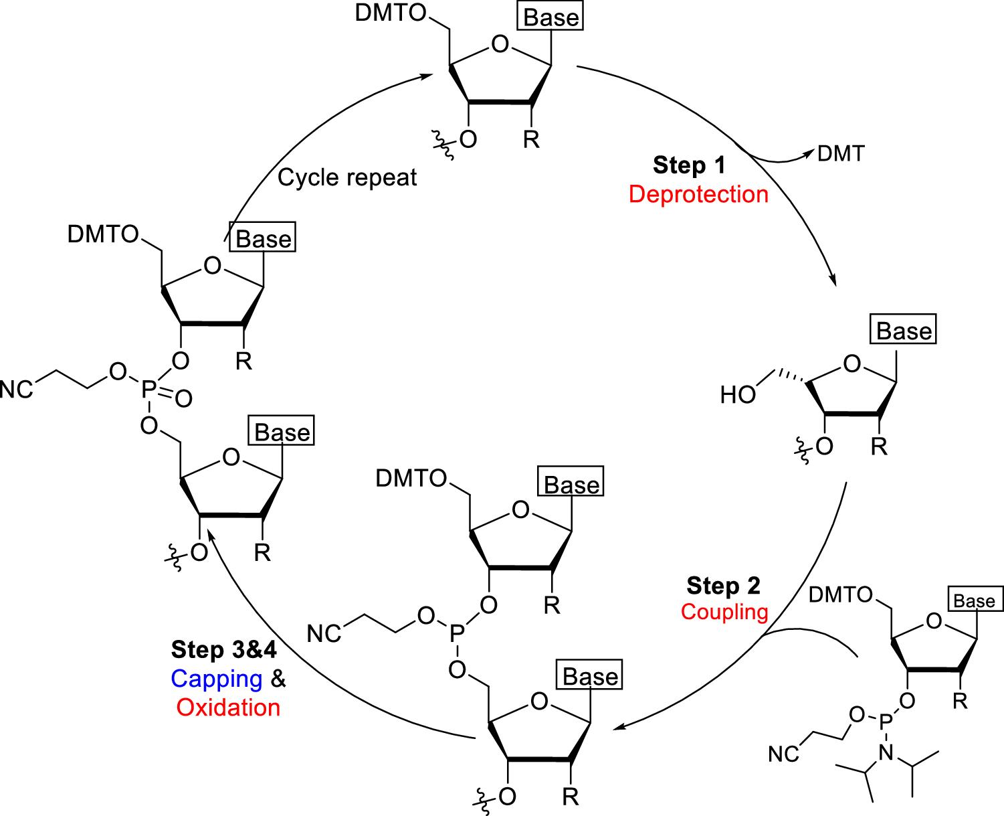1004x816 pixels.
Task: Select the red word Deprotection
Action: point(698,194)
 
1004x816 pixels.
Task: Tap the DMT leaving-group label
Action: point(841,154)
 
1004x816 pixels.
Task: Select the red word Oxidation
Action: point(229,708)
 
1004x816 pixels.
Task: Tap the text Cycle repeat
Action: point(347,177)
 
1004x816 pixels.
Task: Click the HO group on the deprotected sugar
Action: point(738,395)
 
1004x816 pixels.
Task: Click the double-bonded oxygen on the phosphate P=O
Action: point(184,399)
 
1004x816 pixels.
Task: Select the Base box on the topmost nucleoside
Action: point(551,18)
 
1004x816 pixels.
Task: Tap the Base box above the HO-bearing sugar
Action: point(904,331)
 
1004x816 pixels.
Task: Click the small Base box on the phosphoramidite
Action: point(974,601)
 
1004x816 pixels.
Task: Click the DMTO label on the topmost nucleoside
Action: point(390,15)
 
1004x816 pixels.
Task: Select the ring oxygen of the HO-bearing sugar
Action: point(851,365)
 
